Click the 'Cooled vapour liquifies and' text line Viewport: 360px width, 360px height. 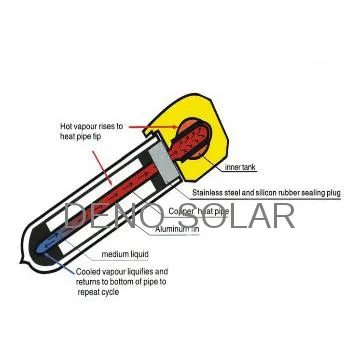[122, 272]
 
